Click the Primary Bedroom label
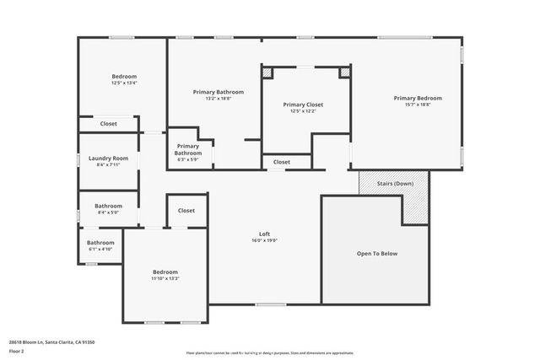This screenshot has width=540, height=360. tap(417, 98)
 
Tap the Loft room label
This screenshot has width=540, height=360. tap(264, 234)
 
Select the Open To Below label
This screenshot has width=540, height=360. tap(376, 253)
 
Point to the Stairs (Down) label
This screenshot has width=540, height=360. tap(393, 183)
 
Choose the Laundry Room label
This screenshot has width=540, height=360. tap(108, 158)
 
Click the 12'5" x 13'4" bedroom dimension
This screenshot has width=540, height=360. tap(124, 83)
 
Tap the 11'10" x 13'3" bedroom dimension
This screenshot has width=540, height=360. tap(165, 278)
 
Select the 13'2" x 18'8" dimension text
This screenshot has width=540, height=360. tap(218, 98)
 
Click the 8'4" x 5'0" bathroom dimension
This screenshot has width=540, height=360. tap(108, 212)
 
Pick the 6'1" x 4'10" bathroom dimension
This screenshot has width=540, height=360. tap(100, 250)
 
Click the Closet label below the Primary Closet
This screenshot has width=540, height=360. tap(282, 162)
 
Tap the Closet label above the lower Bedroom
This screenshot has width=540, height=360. tap(186, 211)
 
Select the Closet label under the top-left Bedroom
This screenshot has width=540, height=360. tap(108, 124)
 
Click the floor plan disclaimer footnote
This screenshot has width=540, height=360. tap(269, 353)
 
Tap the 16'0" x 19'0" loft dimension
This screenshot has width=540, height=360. tap(264, 240)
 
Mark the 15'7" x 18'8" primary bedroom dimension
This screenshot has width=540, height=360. tap(417, 105)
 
